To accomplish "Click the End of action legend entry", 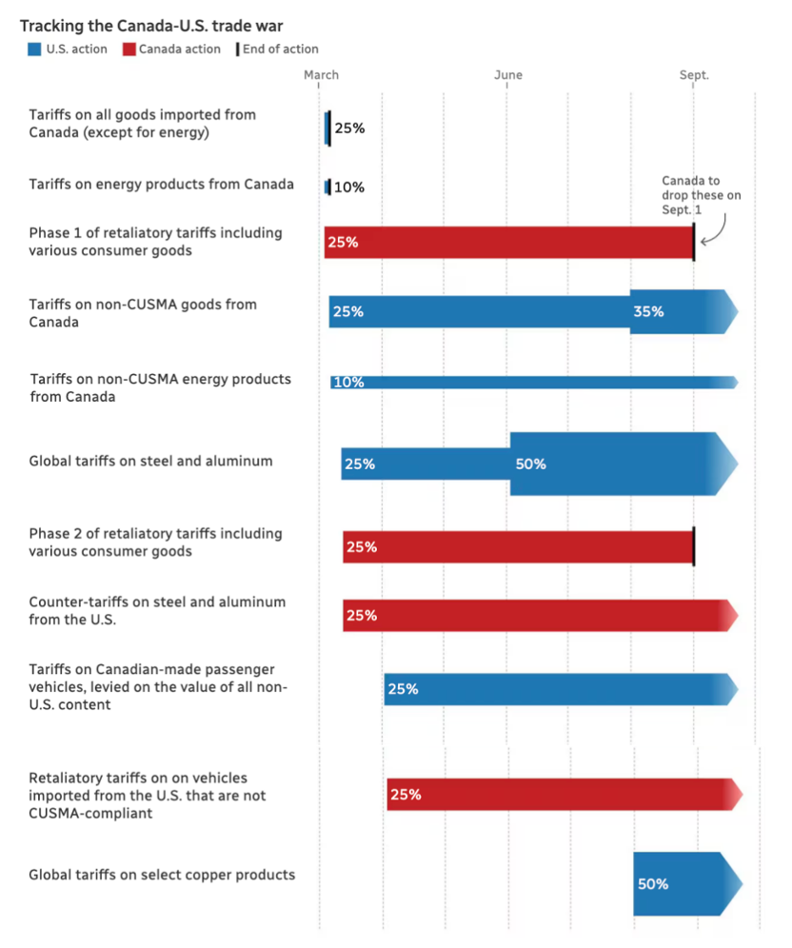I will point(279,49).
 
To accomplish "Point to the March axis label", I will point(321,75).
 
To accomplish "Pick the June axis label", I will point(508,75).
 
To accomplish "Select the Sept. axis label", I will point(695,75).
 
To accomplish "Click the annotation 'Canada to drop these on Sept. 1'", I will point(702,195).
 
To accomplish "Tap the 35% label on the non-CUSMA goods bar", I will point(648,311).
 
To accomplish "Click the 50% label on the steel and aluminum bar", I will point(530,464).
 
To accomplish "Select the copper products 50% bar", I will point(685,883).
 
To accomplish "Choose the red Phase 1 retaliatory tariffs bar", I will point(508,243).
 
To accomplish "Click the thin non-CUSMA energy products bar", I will point(533,383).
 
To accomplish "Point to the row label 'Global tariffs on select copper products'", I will point(162,875).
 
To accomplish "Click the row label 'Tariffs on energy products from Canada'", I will point(162,185).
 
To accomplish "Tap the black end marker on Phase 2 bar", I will point(693,547).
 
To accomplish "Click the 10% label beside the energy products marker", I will point(349,188).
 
